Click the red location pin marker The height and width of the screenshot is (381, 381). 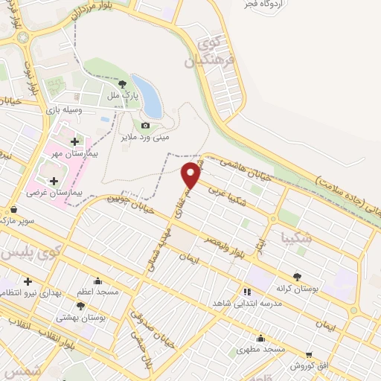(x=191, y=174)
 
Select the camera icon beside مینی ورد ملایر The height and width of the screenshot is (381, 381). (x=145, y=126)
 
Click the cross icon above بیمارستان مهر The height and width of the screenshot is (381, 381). (x=74, y=141)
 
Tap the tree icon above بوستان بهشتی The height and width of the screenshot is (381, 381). (x=80, y=305)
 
